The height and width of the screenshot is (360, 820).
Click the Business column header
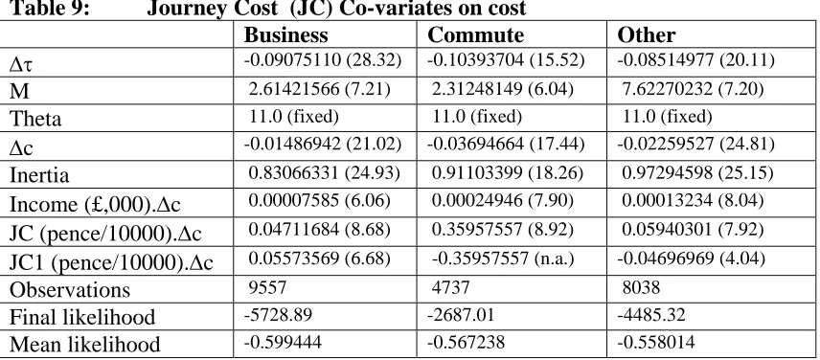(285, 35)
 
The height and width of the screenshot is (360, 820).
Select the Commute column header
(475, 35)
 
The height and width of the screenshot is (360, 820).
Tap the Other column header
(646, 35)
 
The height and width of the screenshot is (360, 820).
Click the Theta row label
(35, 119)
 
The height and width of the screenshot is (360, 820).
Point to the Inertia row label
(38, 174)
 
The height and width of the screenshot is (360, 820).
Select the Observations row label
(70, 289)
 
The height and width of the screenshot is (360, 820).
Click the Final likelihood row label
(82, 317)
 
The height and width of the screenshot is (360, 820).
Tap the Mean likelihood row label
(84, 345)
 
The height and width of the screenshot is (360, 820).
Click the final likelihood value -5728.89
(278, 315)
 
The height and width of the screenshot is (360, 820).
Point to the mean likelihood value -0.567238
(466, 342)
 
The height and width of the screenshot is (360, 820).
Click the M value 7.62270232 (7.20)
(693, 89)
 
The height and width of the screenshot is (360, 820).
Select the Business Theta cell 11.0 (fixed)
(293, 116)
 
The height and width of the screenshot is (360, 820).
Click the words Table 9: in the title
(49, 8)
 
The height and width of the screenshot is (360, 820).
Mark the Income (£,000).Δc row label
(95, 204)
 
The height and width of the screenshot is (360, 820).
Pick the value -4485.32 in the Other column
(651, 315)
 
